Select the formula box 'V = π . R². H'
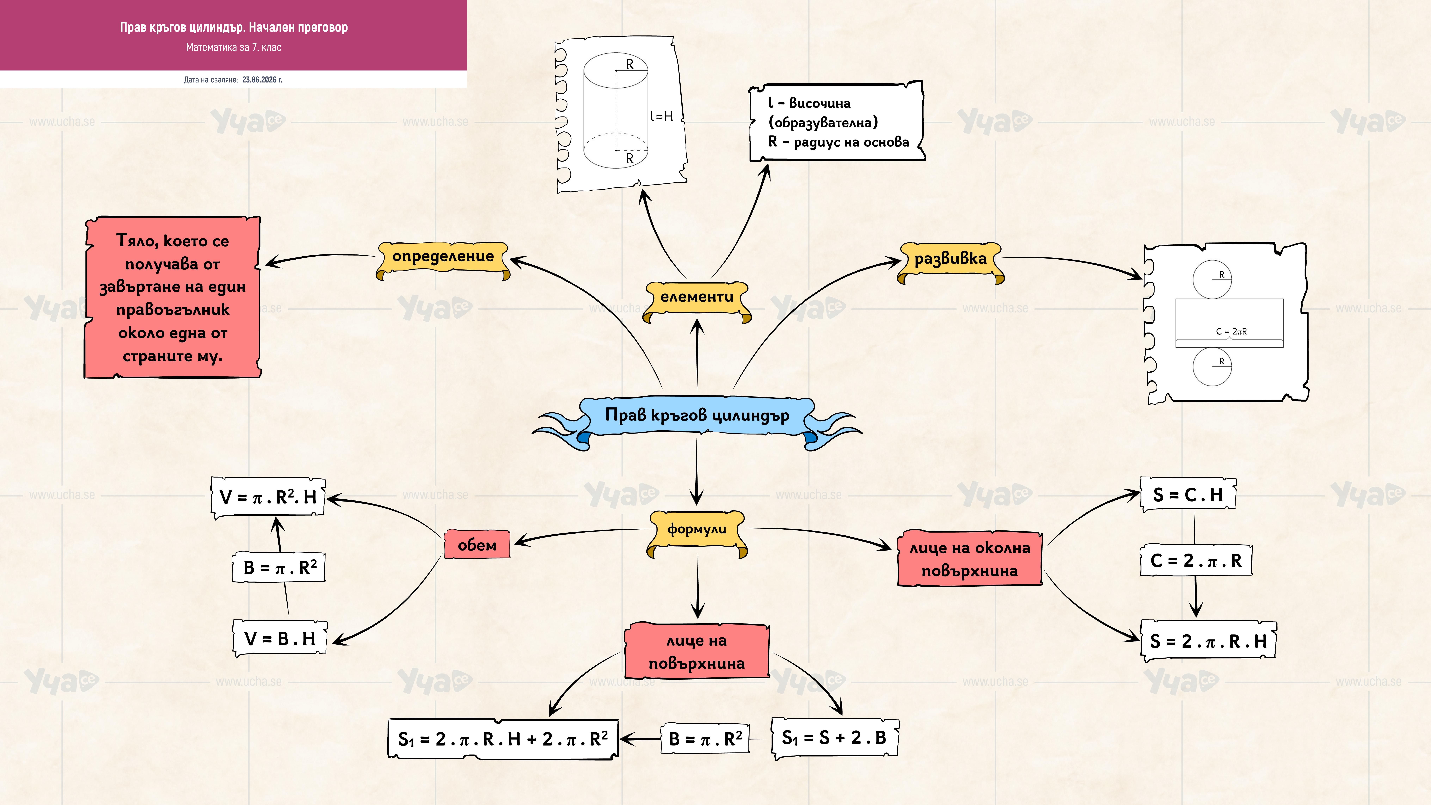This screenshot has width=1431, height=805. click(x=268, y=497)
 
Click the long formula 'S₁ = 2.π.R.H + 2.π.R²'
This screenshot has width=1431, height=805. click(x=503, y=739)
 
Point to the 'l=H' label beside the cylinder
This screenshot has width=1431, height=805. click(x=662, y=117)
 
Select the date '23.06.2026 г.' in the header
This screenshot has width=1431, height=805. click(x=262, y=80)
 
